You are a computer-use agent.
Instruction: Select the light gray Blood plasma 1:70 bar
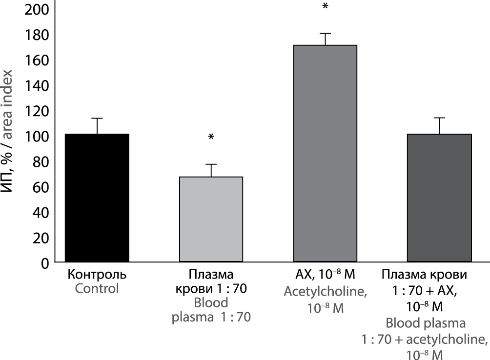click(x=211, y=220)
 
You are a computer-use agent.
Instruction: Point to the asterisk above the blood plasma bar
click(x=211, y=137)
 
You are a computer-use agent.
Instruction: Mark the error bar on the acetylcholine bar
click(x=325, y=39)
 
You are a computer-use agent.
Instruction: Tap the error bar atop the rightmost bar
click(x=439, y=125)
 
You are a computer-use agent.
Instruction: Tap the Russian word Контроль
click(x=97, y=275)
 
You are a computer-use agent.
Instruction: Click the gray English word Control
click(x=97, y=288)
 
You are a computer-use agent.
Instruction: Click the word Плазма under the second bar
click(x=211, y=275)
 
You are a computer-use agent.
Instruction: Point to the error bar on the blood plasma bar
click(x=211, y=170)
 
